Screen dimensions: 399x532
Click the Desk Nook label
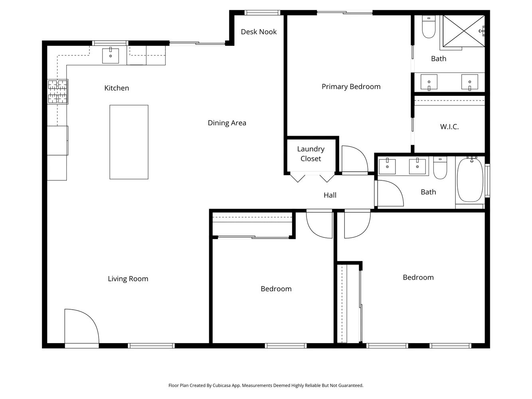click(x=259, y=32)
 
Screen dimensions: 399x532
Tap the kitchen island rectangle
click(x=129, y=142)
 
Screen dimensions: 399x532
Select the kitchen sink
click(x=111, y=56)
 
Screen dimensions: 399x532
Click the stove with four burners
click(x=57, y=92)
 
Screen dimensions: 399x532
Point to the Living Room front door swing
click(x=80, y=325)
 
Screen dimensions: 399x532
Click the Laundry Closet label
click(x=310, y=154)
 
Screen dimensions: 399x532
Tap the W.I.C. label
click(x=449, y=127)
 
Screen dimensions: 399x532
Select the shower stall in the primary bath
click(x=463, y=31)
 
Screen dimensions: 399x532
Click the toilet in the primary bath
click(x=429, y=27)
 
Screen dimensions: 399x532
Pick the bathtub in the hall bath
click(x=470, y=180)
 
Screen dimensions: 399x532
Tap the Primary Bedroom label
click(x=351, y=87)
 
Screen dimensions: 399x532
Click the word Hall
click(x=330, y=195)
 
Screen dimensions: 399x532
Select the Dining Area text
click(x=227, y=123)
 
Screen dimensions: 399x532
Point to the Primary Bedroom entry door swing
click(x=354, y=160)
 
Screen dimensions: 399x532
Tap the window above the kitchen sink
click(x=110, y=43)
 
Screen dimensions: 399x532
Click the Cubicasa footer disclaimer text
click(x=266, y=385)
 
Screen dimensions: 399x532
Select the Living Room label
click(x=128, y=279)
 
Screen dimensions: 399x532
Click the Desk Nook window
click(x=262, y=13)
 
